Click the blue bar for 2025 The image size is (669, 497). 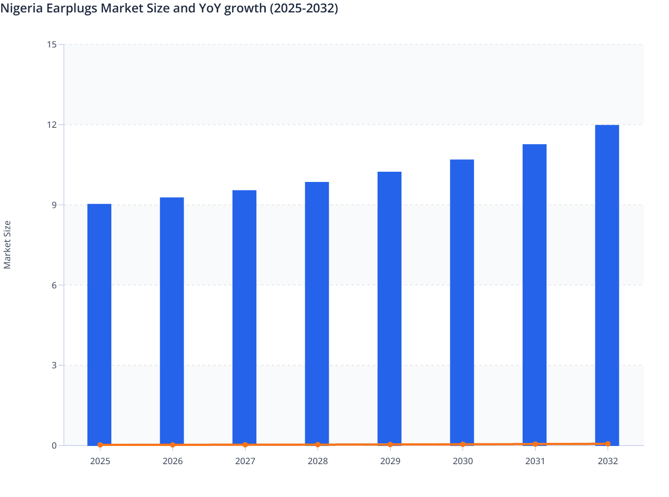click(99, 324)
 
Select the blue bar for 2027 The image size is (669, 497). click(244, 317)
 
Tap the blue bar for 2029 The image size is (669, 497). click(390, 308)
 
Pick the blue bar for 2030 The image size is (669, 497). click(462, 302)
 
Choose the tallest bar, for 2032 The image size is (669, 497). click(607, 284)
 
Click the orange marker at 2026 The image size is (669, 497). click(173, 445)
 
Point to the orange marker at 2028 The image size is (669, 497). click(318, 444)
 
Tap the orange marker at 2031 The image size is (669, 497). click(535, 444)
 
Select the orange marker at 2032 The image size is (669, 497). click(608, 443)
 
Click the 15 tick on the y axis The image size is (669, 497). click(51, 44)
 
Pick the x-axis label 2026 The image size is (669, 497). click(173, 461)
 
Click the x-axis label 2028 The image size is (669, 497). click(318, 461)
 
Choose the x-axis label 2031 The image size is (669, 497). click(535, 461)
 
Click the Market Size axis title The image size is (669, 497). click(7, 245)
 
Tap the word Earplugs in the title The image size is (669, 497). click(72, 8)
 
